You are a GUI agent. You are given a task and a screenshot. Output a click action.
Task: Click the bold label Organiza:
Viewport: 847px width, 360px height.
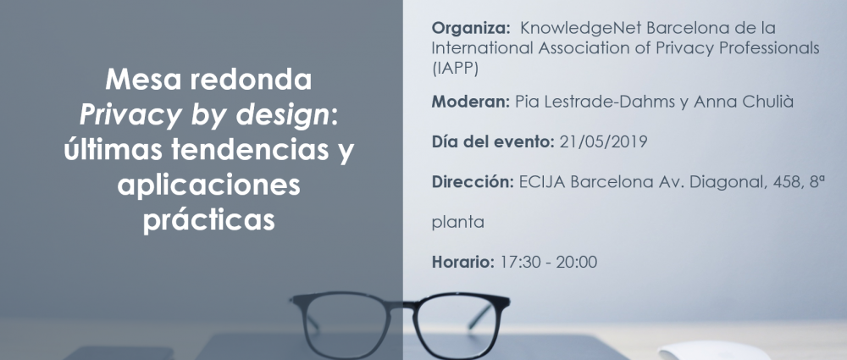(470, 28)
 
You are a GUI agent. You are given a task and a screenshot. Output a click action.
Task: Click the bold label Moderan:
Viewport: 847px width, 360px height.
(470, 102)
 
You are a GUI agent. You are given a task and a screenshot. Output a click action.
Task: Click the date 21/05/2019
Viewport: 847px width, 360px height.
(603, 141)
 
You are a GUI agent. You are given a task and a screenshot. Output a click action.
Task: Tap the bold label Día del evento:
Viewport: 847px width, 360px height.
(493, 141)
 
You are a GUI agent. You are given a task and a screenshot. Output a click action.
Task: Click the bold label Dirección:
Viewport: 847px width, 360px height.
(473, 182)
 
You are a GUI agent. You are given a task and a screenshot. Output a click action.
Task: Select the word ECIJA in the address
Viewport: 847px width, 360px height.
(542, 182)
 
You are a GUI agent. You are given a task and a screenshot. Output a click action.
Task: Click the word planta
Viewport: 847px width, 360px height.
(457, 223)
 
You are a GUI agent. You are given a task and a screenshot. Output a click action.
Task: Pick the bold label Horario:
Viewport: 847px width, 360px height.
(463, 263)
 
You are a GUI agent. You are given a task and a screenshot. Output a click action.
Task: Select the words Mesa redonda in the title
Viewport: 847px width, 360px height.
(208, 80)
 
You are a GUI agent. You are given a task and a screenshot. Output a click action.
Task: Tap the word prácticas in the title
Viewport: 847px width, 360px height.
(209, 220)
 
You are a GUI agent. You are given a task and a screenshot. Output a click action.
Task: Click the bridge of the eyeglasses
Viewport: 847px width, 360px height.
(401, 304)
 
